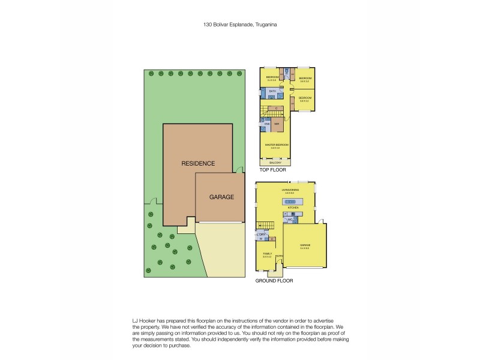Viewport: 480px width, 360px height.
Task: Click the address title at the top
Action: coord(240,25)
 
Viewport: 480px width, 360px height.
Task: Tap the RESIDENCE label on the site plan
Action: coord(199,163)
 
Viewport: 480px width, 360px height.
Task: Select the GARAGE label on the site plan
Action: coord(221,197)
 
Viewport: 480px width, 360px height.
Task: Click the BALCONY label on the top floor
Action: coord(276,162)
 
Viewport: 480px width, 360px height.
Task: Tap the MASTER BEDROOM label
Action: coord(277,145)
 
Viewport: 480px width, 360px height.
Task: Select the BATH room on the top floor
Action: coord(272,92)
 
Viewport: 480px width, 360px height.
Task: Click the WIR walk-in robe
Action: coord(277,124)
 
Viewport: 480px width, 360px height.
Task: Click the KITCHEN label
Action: coord(293,208)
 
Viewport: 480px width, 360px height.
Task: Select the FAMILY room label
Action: coord(268,254)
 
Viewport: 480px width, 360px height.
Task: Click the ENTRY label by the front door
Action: coord(280,256)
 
